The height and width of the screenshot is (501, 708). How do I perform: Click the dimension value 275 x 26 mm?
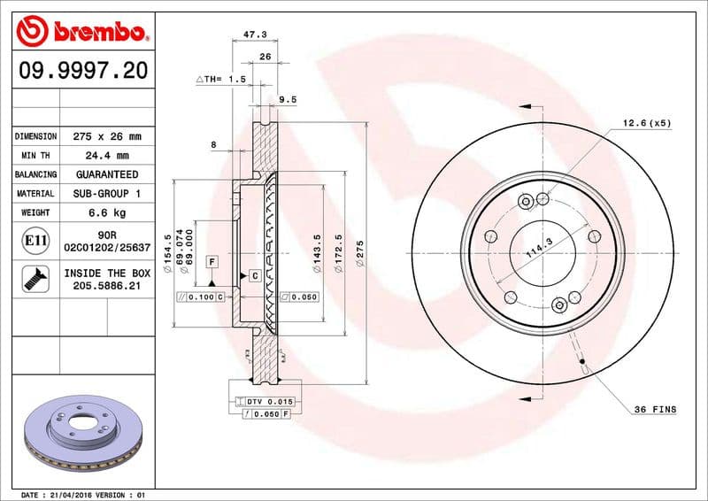tap(107, 136)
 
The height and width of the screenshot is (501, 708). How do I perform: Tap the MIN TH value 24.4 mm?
tap(107, 156)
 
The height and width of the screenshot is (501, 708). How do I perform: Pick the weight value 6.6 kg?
tap(107, 212)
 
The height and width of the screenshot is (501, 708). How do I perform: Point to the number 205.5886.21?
tap(107, 288)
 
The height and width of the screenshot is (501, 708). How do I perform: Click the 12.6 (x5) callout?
tap(646, 123)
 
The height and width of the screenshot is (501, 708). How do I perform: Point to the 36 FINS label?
tap(655, 409)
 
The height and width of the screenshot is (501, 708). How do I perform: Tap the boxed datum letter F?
tap(212, 262)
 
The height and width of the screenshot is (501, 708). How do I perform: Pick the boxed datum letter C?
tap(254, 275)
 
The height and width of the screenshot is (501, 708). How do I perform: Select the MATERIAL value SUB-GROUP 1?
tap(107, 193)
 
